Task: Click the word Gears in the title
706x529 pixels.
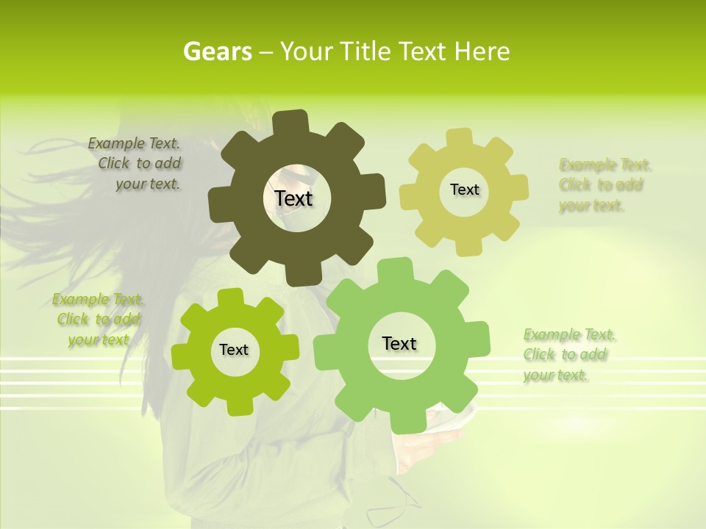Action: [218, 51]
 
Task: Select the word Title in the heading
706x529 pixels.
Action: [368, 51]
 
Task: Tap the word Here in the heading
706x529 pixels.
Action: [482, 51]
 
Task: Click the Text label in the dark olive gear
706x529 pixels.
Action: [293, 198]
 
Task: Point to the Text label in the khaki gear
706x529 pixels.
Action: [464, 190]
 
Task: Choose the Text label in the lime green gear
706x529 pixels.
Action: [234, 350]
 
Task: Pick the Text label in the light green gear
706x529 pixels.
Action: [399, 343]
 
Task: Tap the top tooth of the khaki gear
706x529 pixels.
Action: [459, 137]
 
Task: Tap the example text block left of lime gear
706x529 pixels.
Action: [99, 320]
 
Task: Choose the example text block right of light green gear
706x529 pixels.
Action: [568, 355]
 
